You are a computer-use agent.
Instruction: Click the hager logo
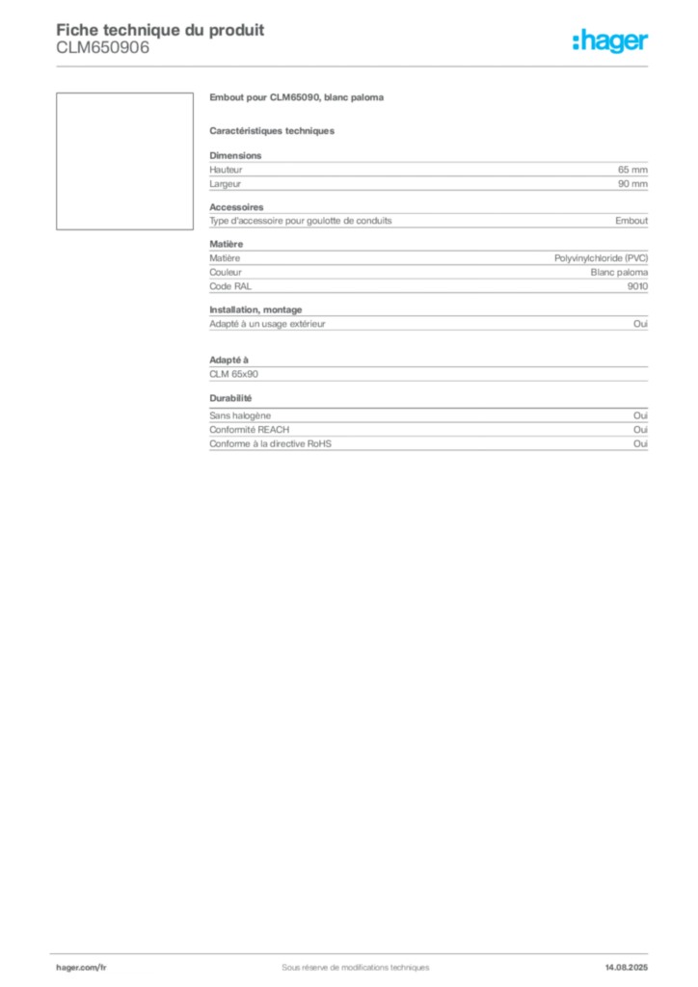(610, 40)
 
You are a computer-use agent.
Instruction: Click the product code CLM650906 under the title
(103, 48)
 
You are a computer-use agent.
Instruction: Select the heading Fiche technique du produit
(160, 30)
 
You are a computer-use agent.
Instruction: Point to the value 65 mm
(632, 170)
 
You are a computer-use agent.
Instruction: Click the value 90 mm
(632, 184)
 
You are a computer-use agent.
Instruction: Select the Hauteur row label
(226, 170)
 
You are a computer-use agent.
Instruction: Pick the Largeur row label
(226, 184)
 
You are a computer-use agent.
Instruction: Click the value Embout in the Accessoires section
(631, 221)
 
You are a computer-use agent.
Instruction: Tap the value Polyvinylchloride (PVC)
(601, 258)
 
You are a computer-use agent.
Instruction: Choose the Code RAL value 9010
(637, 286)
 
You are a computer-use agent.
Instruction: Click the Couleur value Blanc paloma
(619, 273)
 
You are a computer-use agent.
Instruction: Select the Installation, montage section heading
(255, 309)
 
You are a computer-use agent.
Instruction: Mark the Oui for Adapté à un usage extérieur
(641, 324)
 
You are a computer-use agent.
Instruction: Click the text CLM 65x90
(233, 374)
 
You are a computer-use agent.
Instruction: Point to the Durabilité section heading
(230, 398)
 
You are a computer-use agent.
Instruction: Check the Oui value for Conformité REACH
(641, 429)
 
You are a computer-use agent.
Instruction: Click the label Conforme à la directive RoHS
(270, 443)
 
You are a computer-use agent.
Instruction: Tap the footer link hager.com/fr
(81, 968)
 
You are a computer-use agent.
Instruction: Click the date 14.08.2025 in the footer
(627, 968)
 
